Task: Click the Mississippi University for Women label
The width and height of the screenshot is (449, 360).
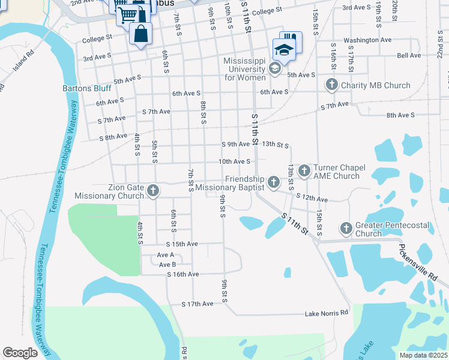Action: (245, 70)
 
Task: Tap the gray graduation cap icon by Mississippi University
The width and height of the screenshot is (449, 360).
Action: (274, 68)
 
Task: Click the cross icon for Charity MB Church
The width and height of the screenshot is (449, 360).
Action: (332, 85)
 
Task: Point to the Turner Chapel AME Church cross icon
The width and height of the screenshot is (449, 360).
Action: (304, 172)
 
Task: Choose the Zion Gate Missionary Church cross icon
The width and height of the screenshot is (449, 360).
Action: (153, 191)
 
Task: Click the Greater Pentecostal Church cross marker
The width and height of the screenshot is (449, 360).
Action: (346, 228)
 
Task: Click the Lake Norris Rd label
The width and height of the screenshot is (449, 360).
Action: (327, 313)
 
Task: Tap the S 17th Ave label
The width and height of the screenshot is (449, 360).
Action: (197, 304)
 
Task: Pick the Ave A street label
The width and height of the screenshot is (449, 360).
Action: (166, 255)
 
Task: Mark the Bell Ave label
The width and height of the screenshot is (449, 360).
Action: (409, 55)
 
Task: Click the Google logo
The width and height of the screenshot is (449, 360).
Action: (20, 353)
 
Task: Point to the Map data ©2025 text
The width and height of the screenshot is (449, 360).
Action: (423, 355)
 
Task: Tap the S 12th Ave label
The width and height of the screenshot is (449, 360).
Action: (311, 198)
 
